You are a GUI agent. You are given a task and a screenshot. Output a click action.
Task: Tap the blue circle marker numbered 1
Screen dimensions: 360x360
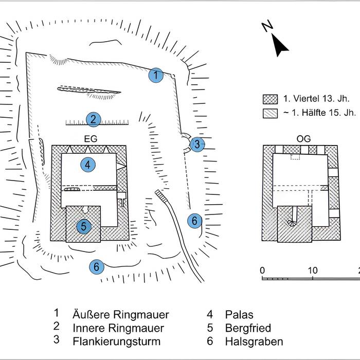point(156,76)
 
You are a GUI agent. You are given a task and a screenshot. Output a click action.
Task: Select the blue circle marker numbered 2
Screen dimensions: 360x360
point(93,119)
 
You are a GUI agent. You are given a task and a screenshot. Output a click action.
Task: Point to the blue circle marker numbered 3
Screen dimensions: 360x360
point(197,145)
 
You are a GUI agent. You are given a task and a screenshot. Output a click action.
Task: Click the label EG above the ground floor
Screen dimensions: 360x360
point(91,139)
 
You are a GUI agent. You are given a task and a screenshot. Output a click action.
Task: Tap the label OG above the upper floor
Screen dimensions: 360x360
point(304,139)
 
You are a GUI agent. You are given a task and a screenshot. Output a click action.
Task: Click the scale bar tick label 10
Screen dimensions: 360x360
point(312,271)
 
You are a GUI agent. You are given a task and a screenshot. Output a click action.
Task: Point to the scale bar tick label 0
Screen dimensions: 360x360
point(262,271)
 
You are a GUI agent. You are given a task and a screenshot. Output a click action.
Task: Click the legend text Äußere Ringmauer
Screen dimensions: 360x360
point(121,315)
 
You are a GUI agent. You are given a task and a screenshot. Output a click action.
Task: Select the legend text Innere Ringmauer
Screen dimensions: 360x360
point(118,328)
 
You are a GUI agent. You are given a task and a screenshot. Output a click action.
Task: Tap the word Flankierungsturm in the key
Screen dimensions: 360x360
point(117,341)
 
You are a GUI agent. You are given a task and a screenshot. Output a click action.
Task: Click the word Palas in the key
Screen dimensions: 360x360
point(239,315)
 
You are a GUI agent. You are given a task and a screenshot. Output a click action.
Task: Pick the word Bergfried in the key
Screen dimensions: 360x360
point(248,328)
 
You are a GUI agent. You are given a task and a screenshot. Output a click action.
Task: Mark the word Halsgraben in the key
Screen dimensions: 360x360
point(254,341)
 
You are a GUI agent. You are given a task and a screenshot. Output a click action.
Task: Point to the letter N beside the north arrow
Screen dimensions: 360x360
point(267,27)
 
